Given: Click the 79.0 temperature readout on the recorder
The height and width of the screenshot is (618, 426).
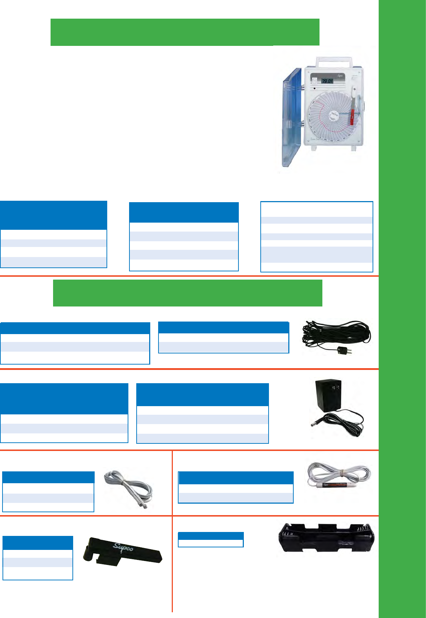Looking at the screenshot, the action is tap(327, 81).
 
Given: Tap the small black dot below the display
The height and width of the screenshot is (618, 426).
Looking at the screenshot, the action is tap(315, 89).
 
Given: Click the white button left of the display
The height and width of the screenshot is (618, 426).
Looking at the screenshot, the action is tap(314, 81).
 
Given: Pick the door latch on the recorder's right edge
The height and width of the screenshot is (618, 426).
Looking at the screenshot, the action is tap(363, 106).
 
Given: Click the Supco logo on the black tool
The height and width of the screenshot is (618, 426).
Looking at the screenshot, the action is tap(123, 548).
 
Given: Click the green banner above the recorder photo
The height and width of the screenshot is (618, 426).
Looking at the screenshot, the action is tap(185, 32).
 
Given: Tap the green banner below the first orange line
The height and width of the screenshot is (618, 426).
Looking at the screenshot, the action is tap(188, 293).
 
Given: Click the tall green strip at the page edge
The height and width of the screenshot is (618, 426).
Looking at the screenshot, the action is tap(402, 308).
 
